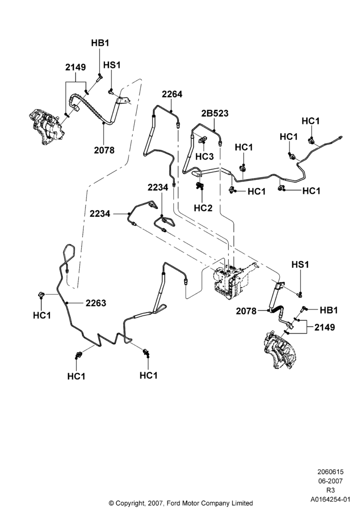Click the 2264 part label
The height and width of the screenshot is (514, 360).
click(x=172, y=94)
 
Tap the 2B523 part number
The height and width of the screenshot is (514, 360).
click(x=215, y=114)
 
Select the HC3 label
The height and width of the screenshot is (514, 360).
click(x=204, y=156)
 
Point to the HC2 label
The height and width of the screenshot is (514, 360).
click(x=203, y=208)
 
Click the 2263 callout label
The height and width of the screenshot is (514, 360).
click(x=96, y=303)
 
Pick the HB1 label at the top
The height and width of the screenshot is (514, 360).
click(x=100, y=43)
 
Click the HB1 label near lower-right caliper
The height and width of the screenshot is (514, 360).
click(x=329, y=310)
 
